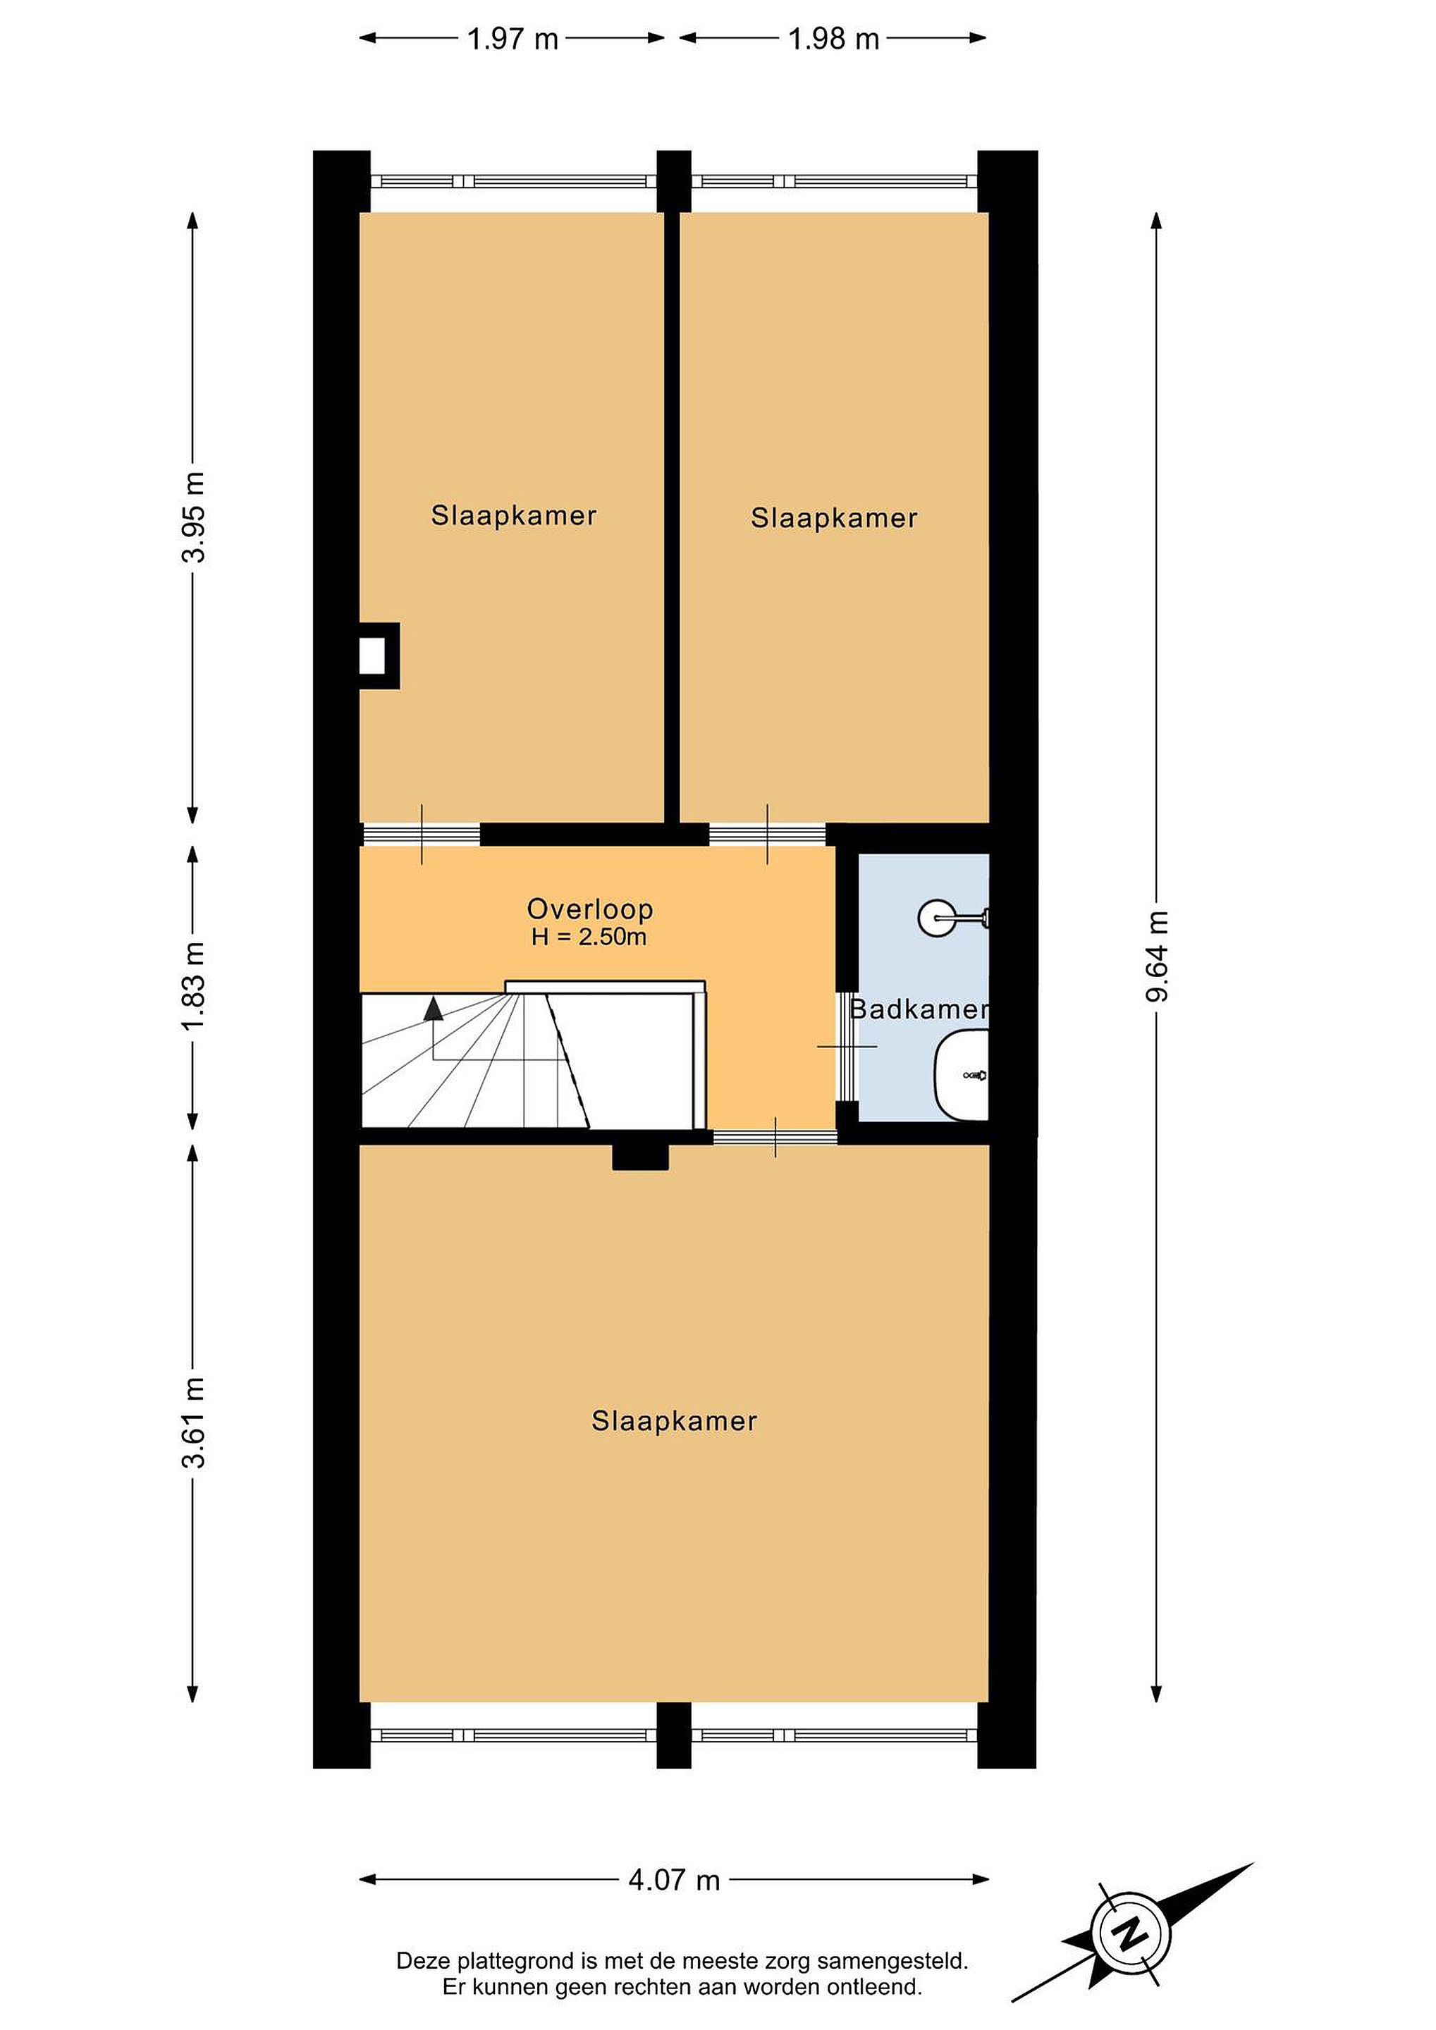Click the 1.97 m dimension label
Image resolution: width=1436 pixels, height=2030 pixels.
click(513, 39)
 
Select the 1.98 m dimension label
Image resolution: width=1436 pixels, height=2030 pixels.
click(834, 39)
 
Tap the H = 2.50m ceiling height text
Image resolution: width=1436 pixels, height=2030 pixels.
click(589, 937)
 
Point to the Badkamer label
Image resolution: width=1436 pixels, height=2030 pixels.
click(919, 1009)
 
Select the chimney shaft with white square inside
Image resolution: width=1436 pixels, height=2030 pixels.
click(379, 656)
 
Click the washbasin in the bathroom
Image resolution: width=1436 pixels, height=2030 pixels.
click(960, 1075)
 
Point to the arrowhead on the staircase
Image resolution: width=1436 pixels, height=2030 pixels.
click(434, 1008)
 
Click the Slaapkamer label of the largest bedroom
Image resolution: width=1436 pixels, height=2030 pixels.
click(674, 1422)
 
